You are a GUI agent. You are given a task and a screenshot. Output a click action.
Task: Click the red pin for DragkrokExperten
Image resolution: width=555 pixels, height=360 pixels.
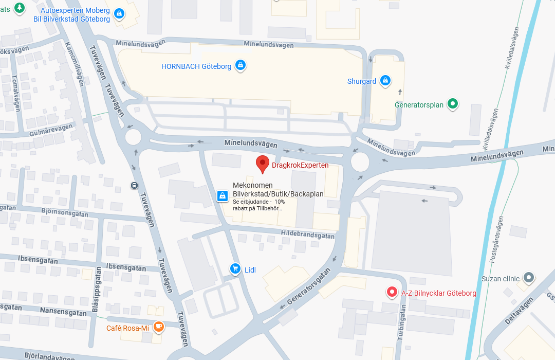263,164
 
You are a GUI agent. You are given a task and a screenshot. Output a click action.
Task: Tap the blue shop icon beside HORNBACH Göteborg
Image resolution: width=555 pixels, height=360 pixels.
240,65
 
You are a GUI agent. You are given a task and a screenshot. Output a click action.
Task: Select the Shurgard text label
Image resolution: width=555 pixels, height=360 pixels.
362,81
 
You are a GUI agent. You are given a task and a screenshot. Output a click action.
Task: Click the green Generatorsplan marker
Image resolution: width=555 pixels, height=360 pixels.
452,104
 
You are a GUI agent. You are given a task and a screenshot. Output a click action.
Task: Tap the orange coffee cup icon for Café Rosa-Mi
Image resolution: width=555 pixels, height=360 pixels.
159,327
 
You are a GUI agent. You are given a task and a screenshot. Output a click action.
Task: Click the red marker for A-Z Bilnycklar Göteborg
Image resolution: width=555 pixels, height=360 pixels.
392,293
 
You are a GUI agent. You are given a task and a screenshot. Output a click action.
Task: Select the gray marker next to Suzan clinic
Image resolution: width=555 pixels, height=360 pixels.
528,278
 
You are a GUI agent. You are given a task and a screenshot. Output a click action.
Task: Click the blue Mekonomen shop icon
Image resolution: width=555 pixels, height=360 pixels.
223,196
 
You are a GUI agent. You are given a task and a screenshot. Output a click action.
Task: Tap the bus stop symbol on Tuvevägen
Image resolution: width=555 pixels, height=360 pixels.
134,185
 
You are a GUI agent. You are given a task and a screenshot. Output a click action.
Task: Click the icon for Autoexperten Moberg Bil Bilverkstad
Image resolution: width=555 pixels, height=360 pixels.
119,14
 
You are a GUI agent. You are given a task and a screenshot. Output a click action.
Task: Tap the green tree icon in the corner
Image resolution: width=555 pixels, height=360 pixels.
19,8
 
